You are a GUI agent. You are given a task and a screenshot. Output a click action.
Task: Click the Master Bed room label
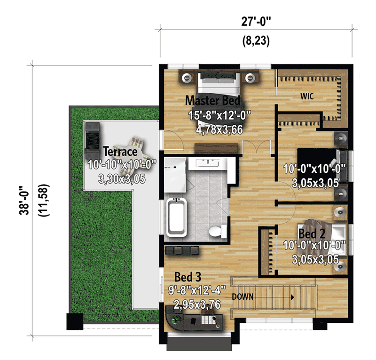[x=212, y=100]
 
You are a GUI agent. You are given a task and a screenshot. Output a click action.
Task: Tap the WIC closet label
[x=307, y=96]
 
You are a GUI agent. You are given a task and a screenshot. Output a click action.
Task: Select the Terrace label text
[x=120, y=152]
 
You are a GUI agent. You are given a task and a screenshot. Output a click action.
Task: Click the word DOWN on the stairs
[x=243, y=297]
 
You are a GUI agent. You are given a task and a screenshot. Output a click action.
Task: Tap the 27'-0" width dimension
[x=256, y=21]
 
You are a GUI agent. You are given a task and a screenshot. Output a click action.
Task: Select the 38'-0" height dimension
[x=23, y=199]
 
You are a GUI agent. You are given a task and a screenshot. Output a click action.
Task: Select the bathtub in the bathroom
[x=177, y=216]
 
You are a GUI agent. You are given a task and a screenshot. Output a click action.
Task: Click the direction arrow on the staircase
[x=292, y=297]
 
